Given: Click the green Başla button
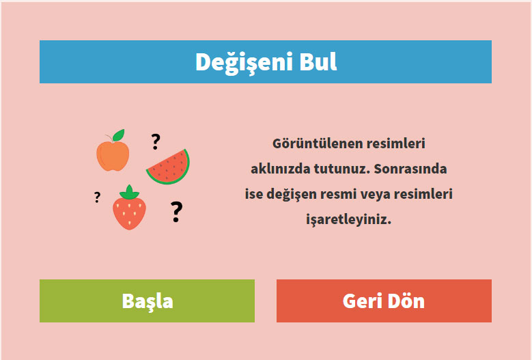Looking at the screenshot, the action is point(147,301).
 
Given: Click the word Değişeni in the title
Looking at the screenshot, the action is point(244,62).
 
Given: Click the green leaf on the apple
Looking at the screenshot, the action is point(119,135).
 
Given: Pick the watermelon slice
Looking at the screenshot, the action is point(168,167).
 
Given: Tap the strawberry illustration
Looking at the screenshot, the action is point(129,207).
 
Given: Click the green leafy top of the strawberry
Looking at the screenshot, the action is point(129,193).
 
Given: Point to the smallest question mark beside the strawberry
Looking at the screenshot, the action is point(98,197).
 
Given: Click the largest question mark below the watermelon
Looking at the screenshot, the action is point(176,212).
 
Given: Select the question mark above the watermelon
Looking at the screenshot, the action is point(156,142).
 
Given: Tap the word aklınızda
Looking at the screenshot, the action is point(280,169).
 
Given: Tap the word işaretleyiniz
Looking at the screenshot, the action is point(348,219).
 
